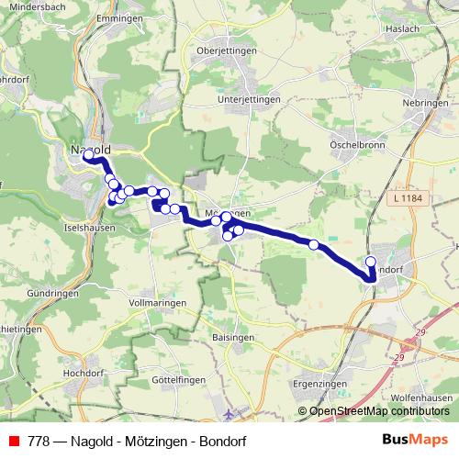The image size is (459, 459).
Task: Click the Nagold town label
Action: [x=89, y=149]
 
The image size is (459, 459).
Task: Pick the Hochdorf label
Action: [x=82, y=375]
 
